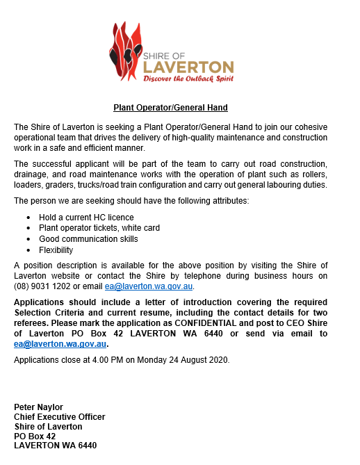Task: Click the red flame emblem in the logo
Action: pyautogui.click(x=125, y=52)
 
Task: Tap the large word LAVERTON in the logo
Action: pyautogui.click(x=188, y=67)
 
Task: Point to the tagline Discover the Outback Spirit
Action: pyautogui.click(x=188, y=79)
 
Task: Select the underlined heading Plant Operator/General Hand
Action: pyautogui.click(x=171, y=108)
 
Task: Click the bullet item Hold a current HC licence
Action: pyautogui.click(x=86, y=218)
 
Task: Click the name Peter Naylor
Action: pyautogui.click(x=40, y=407)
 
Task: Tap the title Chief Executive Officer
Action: pyautogui.click(x=60, y=416)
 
